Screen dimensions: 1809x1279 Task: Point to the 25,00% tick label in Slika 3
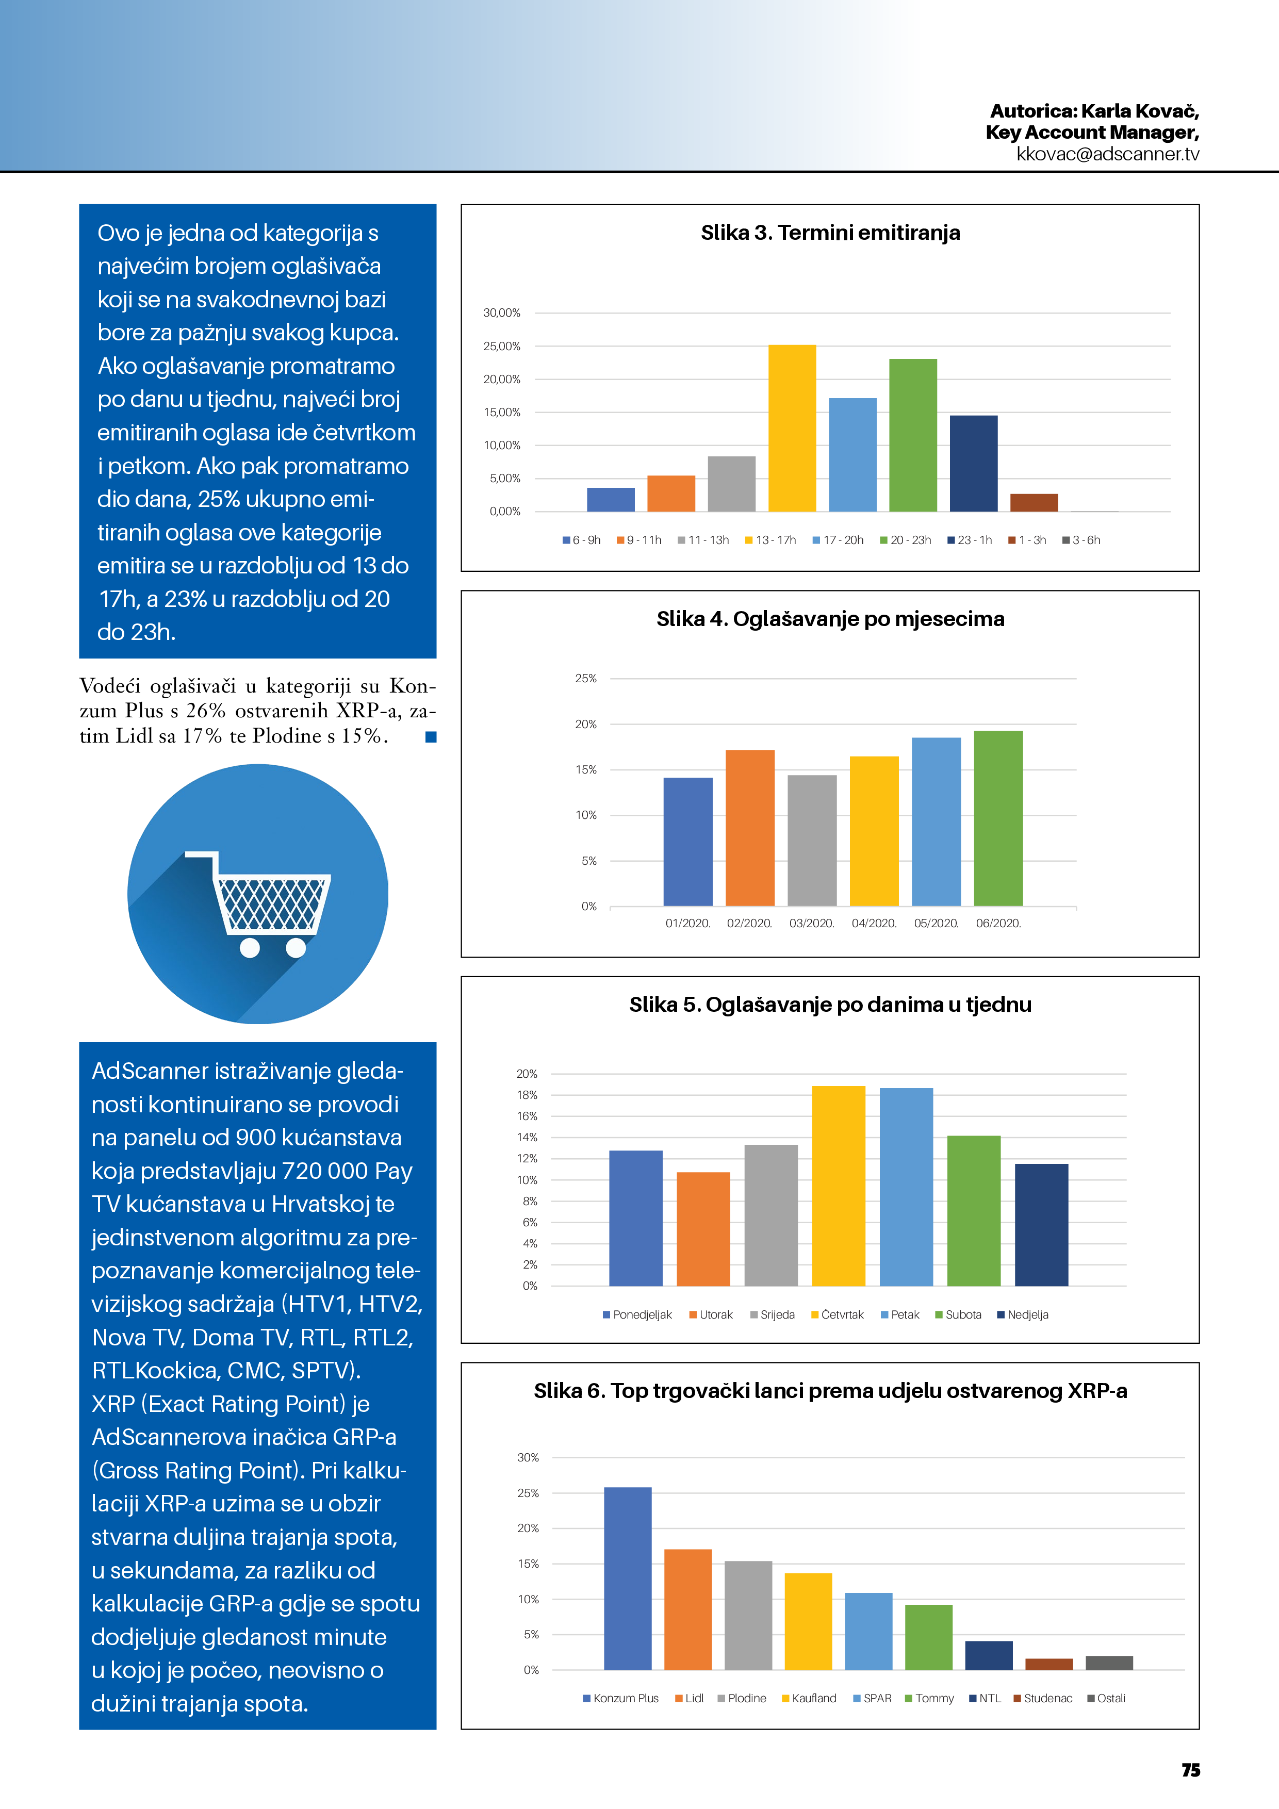(x=502, y=347)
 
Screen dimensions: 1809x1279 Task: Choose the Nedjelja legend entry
(x=1023, y=1314)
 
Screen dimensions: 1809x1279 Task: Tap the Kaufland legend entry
(x=809, y=1698)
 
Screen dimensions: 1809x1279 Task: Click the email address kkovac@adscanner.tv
(x=1107, y=154)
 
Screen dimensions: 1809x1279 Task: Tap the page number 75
(x=1190, y=1770)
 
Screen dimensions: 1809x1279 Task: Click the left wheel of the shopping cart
(x=250, y=948)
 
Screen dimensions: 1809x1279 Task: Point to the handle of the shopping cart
(x=201, y=856)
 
